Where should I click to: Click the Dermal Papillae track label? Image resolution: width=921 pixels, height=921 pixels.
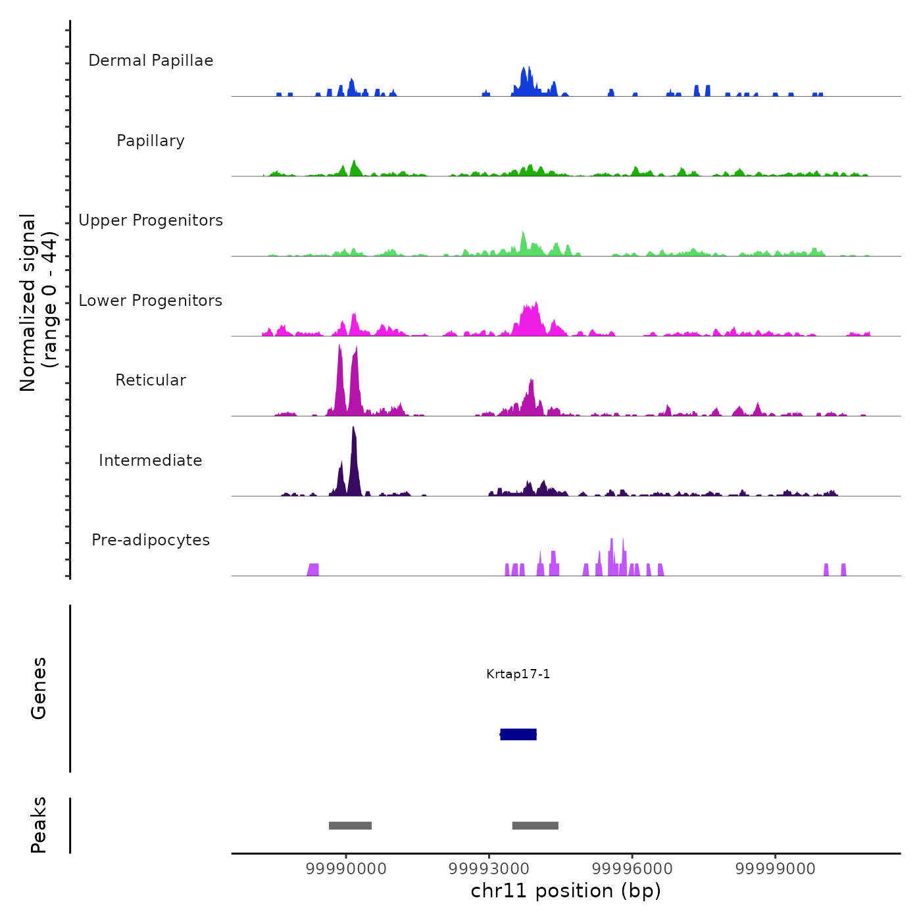[x=151, y=61]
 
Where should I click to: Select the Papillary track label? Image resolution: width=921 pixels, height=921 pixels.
[x=151, y=141]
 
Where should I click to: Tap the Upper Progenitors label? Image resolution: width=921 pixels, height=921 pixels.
[x=151, y=220]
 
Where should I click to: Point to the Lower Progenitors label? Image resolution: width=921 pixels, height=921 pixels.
[x=151, y=301]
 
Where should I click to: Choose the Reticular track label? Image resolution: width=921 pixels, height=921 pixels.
[x=151, y=380]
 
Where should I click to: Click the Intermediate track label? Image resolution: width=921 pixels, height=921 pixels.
[x=151, y=460]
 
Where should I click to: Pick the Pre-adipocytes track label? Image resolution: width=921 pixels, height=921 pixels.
[x=151, y=540]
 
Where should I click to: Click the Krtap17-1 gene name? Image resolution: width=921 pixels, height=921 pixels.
[x=518, y=674]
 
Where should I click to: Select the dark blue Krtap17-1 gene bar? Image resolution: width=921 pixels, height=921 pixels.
[x=518, y=734]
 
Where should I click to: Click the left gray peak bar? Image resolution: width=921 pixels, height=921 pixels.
[x=350, y=826]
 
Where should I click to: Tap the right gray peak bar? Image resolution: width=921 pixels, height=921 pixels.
[x=535, y=826]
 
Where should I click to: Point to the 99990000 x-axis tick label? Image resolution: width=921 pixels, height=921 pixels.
[x=346, y=869]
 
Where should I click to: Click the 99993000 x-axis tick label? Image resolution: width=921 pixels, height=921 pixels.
[x=489, y=869]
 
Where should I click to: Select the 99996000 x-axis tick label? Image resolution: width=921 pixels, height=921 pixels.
[x=632, y=869]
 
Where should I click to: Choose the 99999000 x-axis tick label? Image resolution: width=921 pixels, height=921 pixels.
[x=775, y=869]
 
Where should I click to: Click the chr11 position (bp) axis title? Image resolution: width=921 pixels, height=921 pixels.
[x=566, y=891]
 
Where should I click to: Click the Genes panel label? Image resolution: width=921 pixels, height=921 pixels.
[x=39, y=688]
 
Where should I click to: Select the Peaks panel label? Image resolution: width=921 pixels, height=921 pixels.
[x=39, y=825]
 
